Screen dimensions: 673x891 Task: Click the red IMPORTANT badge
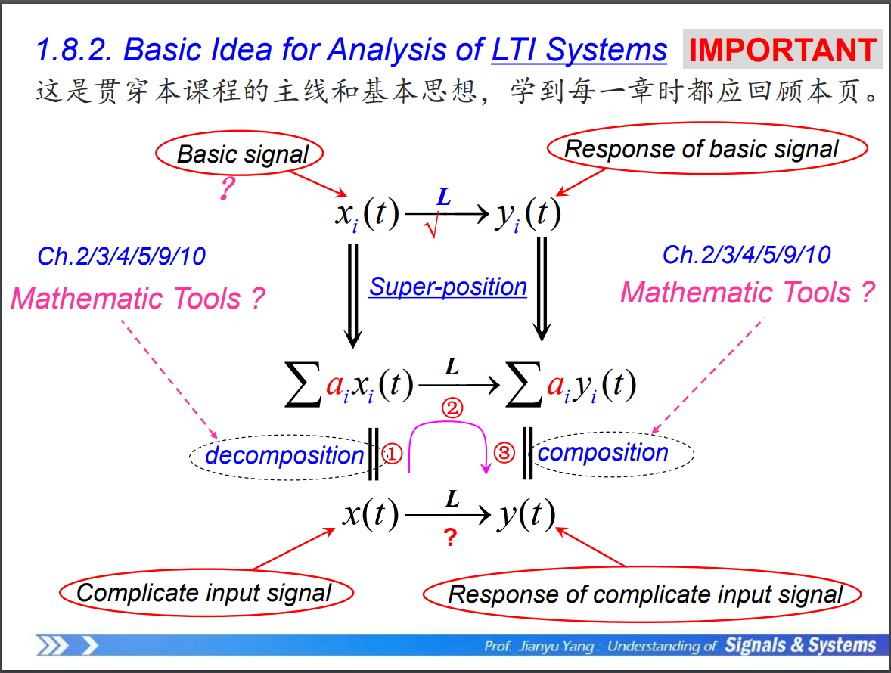click(x=782, y=50)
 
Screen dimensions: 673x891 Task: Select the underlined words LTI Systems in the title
click(x=579, y=50)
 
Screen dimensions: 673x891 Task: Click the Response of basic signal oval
click(x=701, y=149)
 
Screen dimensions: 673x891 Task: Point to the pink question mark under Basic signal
click(x=226, y=189)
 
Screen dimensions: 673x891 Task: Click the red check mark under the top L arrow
click(x=432, y=227)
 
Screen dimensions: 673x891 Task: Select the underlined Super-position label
click(x=448, y=287)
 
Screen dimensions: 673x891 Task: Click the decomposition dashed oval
click(x=284, y=455)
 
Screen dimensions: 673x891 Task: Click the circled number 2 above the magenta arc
click(x=452, y=408)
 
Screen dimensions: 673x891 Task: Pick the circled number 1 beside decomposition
click(x=393, y=453)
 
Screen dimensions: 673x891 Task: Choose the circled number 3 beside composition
click(x=504, y=453)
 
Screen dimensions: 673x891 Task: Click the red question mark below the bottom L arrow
click(x=450, y=538)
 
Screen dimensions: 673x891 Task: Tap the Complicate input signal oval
click(x=204, y=593)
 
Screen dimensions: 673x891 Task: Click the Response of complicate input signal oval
click(x=645, y=594)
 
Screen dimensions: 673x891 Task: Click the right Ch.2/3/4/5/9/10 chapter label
click(x=746, y=255)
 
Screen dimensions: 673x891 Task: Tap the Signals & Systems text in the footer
click(x=800, y=645)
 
